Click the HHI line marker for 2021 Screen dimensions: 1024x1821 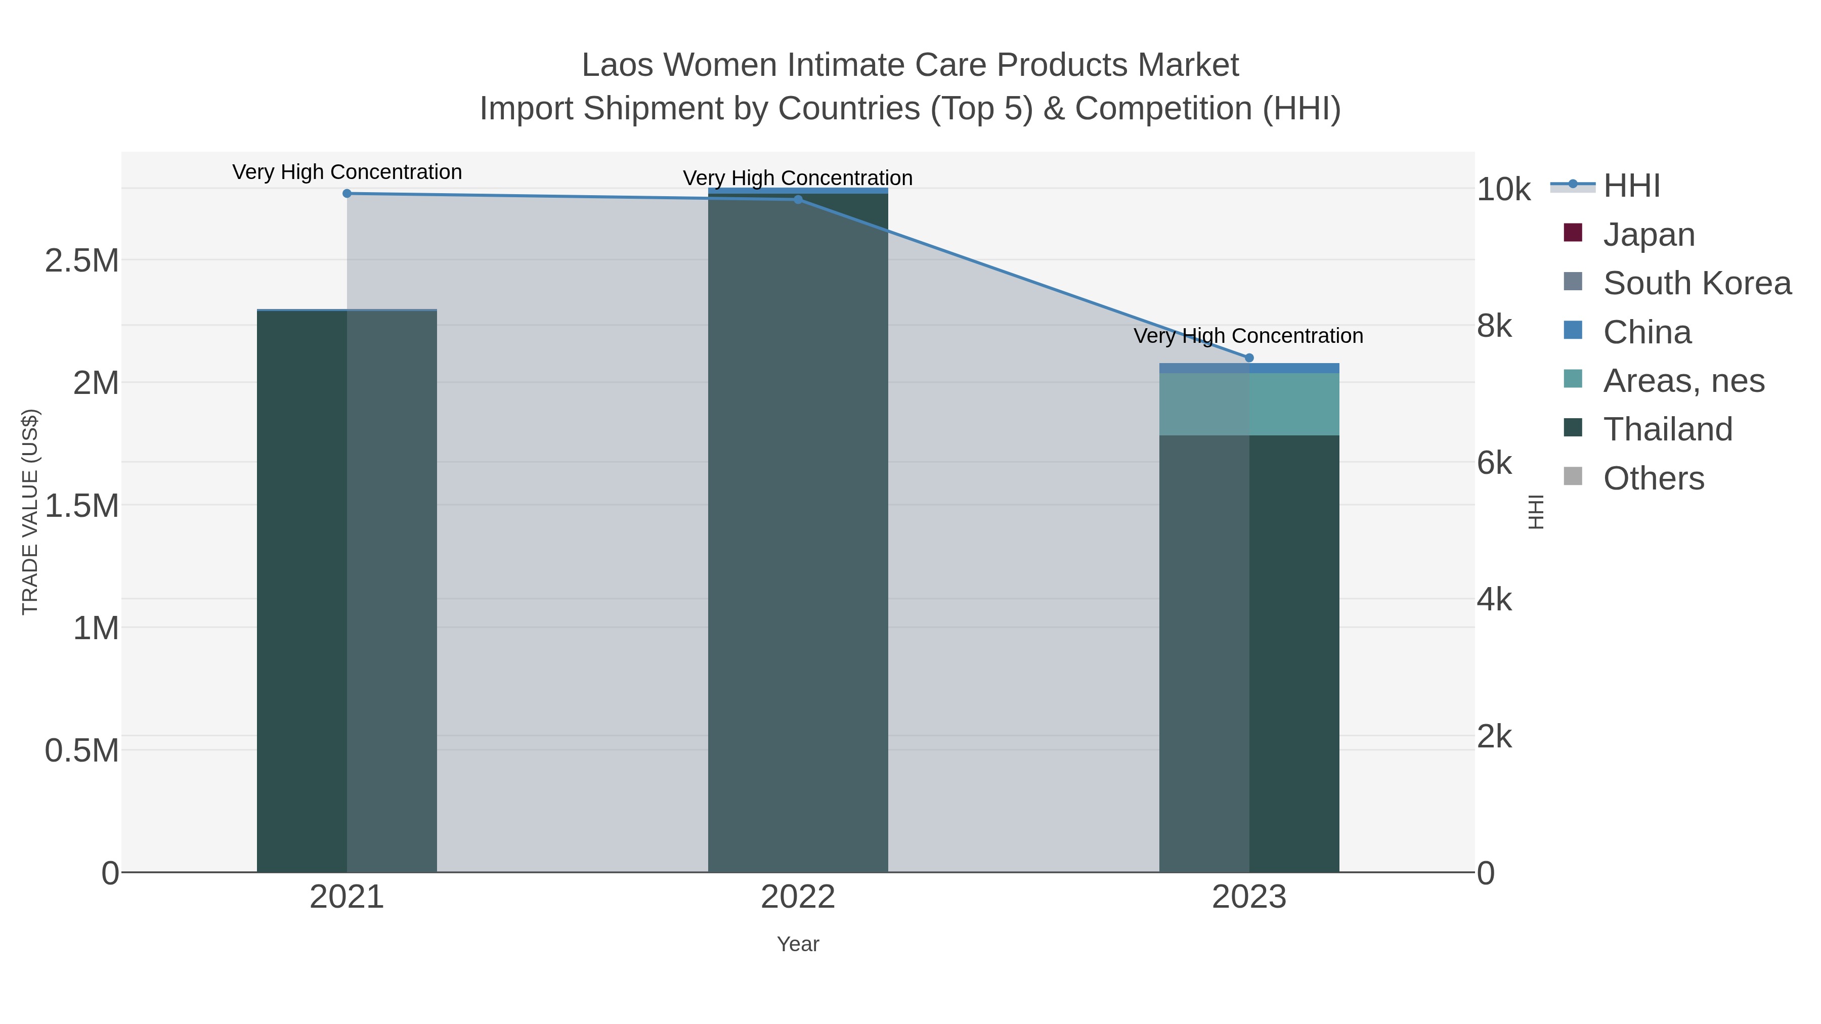click(346, 194)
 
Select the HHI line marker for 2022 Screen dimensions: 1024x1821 click(798, 199)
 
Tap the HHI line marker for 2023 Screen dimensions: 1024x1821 click(1249, 358)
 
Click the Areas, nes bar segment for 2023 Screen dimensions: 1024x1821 click(1249, 404)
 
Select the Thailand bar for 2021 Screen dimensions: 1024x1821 click(346, 591)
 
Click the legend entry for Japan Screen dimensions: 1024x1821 click(1648, 235)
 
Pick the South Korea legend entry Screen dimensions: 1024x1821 click(1697, 283)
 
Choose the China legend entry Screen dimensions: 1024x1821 click(1646, 332)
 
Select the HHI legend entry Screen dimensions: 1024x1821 click(1631, 186)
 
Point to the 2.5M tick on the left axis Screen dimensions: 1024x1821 click(81, 261)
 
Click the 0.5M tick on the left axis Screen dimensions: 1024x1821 click(81, 750)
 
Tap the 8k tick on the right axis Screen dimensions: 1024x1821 click(1494, 327)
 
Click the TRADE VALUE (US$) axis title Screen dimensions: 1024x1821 click(30, 512)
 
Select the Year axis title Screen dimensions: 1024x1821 click(798, 944)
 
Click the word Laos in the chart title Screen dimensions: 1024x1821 click(617, 65)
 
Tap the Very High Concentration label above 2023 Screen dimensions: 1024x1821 click(1248, 336)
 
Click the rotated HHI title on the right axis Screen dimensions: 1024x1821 click(1536, 512)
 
